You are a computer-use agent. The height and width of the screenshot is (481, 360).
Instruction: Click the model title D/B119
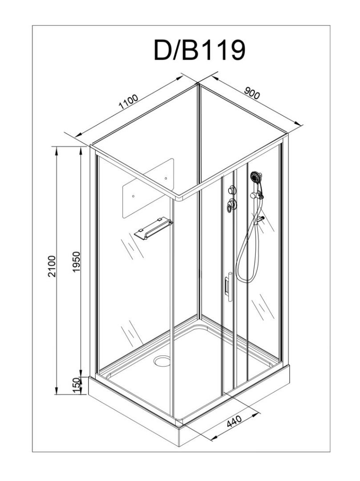coord(199,50)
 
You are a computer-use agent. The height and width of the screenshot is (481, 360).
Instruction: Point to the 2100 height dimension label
coord(53,266)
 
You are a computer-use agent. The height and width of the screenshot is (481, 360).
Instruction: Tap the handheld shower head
coord(257,177)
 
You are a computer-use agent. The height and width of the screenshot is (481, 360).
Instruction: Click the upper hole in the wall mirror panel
coord(166,178)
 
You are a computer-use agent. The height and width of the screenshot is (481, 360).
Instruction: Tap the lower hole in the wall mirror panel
coord(133,195)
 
